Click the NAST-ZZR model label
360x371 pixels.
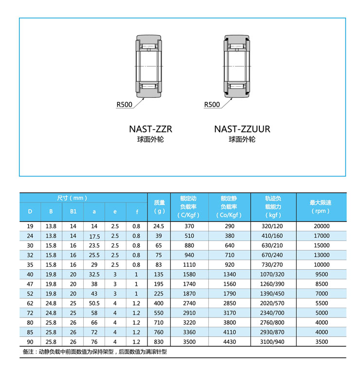[x=150, y=129]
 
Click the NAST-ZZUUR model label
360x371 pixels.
[x=242, y=129]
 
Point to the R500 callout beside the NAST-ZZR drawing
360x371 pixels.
[x=124, y=104]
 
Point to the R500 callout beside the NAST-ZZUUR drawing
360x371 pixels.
[x=212, y=104]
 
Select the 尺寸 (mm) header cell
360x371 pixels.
[x=72, y=198]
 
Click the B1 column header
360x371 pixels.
[x=73, y=212]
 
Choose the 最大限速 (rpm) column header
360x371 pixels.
[x=321, y=207]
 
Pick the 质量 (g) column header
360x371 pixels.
[x=159, y=207]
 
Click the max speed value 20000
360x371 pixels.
[x=321, y=226]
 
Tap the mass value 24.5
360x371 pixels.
[x=159, y=226]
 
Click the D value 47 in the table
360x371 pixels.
[x=30, y=284]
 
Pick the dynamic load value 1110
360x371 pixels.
[x=189, y=264]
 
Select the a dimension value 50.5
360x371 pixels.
[x=94, y=303]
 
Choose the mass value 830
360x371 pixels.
[x=159, y=342]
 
